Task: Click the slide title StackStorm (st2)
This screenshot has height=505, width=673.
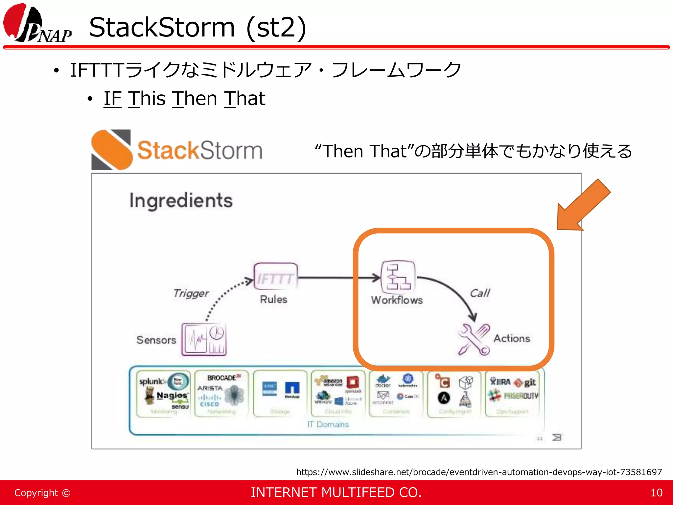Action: [x=197, y=28]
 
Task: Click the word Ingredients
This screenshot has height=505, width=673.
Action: [x=181, y=201]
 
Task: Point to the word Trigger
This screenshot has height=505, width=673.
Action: [x=191, y=293]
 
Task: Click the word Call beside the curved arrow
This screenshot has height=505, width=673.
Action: [x=480, y=293]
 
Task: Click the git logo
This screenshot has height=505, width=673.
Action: [x=526, y=382]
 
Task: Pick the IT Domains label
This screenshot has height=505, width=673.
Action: [x=328, y=424]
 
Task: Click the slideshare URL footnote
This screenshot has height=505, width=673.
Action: [x=479, y=472]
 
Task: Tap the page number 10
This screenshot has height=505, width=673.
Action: [x=656, y=493]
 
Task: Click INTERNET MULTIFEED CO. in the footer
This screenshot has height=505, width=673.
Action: [x=336, y=493]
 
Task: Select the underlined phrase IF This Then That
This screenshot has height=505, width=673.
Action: [x=184, y=99]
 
